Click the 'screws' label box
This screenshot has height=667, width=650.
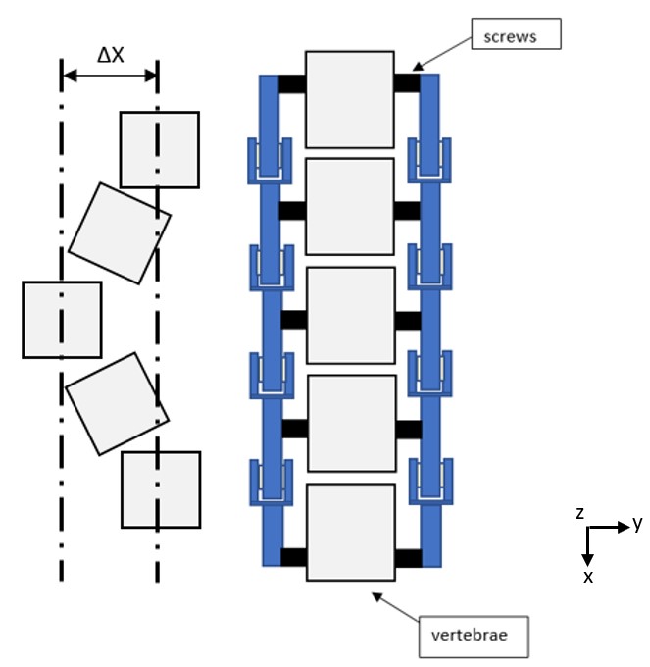point(515,36)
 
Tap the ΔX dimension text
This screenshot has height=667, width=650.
point(110,56)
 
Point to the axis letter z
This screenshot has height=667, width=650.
point(580,513)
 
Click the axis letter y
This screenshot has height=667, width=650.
point(637,524)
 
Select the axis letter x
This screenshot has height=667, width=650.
point(588,577)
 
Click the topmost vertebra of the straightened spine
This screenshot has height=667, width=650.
point(350,99)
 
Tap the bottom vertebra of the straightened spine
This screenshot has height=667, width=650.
point(350,532)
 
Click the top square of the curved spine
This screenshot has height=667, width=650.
point(159,149)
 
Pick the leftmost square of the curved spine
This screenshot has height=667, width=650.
point(62,320)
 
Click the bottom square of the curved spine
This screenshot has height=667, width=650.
point(161,489)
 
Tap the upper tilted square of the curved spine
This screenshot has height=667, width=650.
point(120,232)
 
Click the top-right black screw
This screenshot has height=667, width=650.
point(407,83)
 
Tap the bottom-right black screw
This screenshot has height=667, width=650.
point(408,558)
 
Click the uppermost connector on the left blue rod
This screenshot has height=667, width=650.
point(268,161)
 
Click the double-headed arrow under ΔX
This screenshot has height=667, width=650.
point(110,76)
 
